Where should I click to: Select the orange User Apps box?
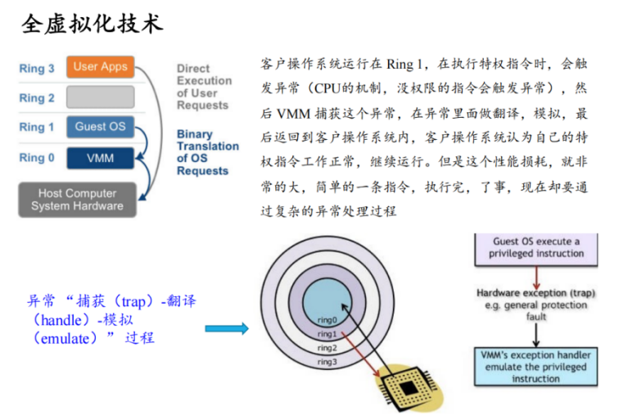point(100,67)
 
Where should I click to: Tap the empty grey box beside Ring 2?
point(100,97)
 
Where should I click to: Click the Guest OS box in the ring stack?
point(100,127)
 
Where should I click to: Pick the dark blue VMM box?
point(100,156)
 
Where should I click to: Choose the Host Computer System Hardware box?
point(77,200)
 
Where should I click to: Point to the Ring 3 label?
point(37,69)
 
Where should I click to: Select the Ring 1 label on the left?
point(37,127)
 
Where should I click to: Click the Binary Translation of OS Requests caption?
point(208,152)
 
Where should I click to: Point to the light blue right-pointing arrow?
point(226,328)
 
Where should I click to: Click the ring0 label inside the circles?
point(326,319)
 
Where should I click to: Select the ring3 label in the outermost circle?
point(327,361)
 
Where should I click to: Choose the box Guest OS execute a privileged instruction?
point(535,247)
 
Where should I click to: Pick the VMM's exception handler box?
point(535,367)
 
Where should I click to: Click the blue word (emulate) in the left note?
point(62,337)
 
